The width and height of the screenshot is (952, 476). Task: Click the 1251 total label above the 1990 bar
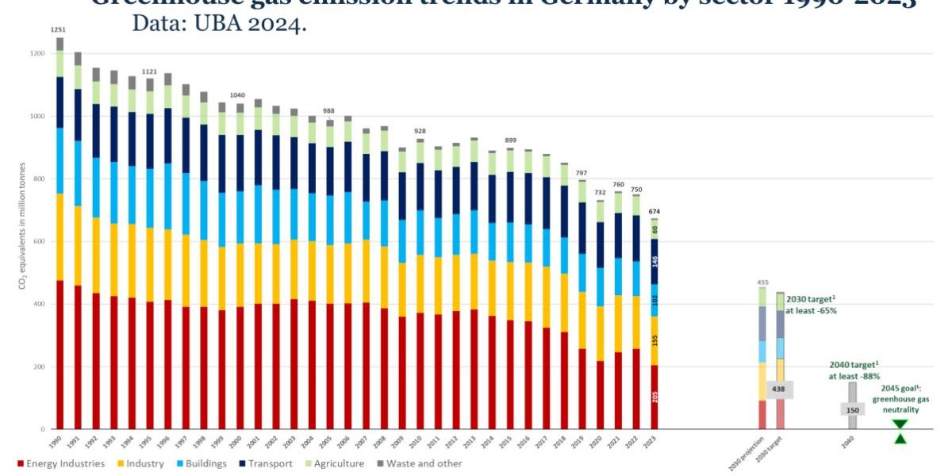pos(58,29)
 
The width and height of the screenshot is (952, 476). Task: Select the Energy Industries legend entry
pos(60,463)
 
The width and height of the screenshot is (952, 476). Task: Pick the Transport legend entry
pos(268,463)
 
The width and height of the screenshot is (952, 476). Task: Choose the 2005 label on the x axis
pos(330,443)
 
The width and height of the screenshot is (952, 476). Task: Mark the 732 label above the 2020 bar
pos(600,193)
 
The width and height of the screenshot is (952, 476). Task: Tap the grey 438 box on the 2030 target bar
pos(779,390)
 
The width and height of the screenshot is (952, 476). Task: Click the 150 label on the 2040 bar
pos(852,409)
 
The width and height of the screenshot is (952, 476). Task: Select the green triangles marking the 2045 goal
pos(900,432)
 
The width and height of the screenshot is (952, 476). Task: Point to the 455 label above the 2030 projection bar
pos(762,282)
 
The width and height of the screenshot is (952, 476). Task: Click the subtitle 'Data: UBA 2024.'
pos(219,25)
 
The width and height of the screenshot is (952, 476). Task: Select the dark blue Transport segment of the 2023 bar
pos(654,261)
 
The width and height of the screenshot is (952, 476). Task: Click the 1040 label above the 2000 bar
pos(238,95)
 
